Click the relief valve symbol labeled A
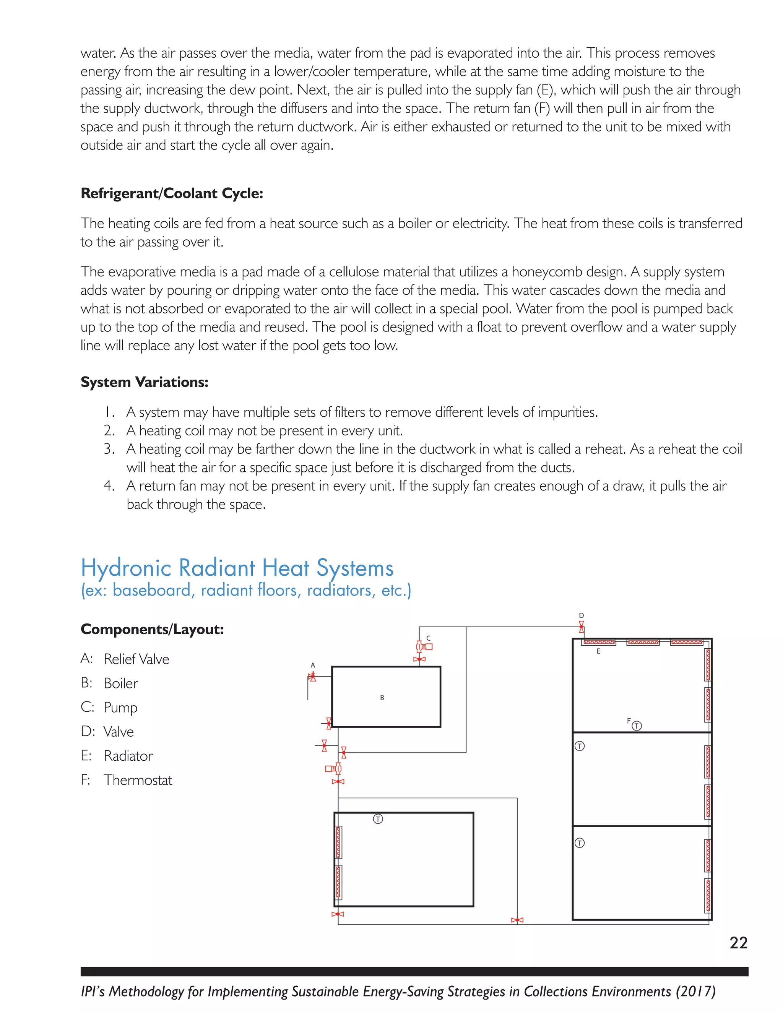(x=313, y=677)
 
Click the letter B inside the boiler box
(x=382, y=698)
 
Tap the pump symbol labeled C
(x=424, y=646)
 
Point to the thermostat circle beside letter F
(x=637, y=726)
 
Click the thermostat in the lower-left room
(x=378, y=819)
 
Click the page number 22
(x=738, y=943)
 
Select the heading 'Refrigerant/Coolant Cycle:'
(x=172, y=193)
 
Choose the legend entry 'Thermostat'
(x=138, y=780)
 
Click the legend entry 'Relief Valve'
(x=136, y=659)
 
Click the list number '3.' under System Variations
(x=109, y=449)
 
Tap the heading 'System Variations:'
(x=144, y=382)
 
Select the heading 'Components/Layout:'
(x=152, y=630)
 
